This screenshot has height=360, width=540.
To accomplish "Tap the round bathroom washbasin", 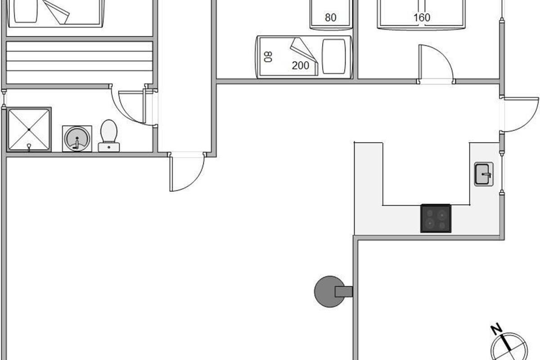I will (77, 138).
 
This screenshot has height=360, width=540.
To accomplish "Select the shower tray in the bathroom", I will (29, 130).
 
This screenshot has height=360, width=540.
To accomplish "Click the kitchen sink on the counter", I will (484, 173).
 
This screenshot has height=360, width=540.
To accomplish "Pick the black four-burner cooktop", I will (436, 218).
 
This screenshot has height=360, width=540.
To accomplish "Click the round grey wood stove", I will (328, 292).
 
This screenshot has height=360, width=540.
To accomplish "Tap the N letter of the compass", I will (497, 330).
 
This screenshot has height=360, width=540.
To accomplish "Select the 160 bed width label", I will (422, 18).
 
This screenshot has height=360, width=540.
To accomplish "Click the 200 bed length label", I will (300, 66).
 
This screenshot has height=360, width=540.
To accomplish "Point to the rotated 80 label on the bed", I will (268, 57).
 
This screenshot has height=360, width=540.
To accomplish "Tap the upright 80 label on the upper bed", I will (331, 18).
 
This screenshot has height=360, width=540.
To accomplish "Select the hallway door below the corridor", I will (187, 173).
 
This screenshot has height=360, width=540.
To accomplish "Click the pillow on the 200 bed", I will (333, 57).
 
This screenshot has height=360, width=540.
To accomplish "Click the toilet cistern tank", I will (109, 147).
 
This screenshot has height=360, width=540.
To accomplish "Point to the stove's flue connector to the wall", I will (343, 292).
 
